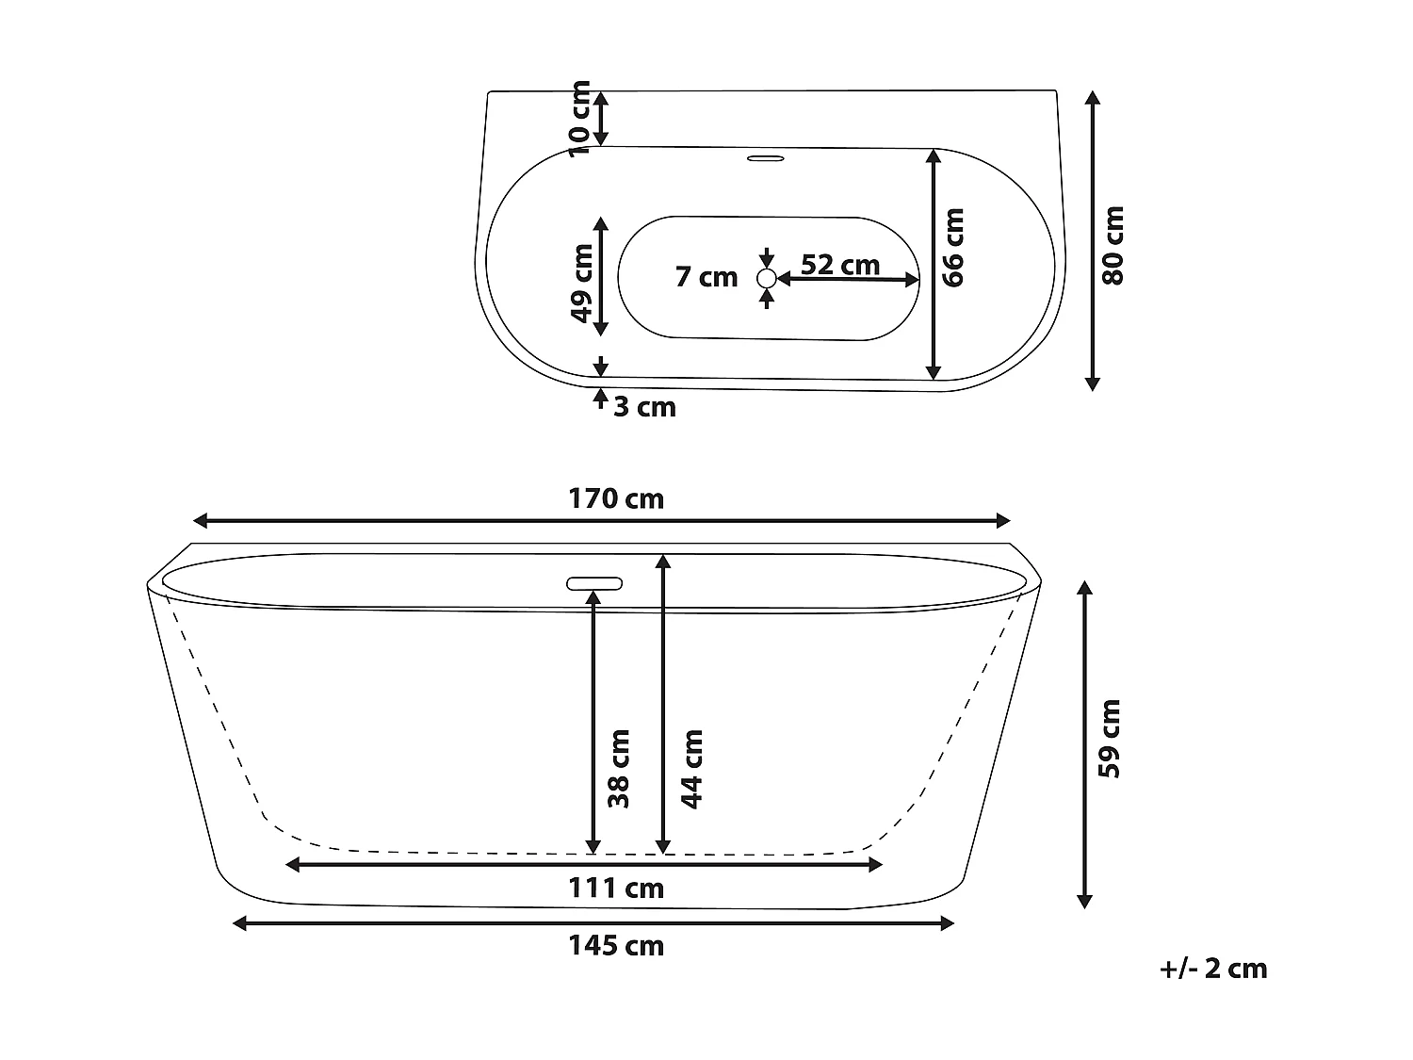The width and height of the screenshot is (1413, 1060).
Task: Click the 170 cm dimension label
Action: point(616,498)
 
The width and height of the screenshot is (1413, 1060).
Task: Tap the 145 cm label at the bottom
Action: point(616,945)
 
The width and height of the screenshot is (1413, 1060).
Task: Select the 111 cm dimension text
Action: point(616,888)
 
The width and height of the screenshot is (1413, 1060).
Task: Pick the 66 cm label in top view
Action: point(954,248)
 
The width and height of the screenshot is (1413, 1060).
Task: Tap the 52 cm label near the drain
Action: point(840,265)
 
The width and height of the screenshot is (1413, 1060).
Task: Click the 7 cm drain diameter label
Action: point(706,277)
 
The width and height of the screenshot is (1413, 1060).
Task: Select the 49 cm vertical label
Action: point(582,283)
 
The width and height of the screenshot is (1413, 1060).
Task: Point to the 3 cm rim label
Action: point(645,407)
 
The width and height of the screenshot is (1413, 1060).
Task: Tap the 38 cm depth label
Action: point(618,768)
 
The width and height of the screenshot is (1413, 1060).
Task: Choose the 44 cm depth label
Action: point(692,768)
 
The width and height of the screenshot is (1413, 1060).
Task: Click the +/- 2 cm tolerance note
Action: point(1213,969)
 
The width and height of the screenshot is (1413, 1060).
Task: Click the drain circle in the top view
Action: point(767,278)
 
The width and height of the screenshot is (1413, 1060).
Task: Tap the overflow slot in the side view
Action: point(594,583)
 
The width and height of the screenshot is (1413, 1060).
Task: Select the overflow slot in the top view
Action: point(766,158)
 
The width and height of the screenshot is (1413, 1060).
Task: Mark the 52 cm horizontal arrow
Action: point(848,279)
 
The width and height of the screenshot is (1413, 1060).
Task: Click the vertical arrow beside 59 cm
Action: point(1084,744)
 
